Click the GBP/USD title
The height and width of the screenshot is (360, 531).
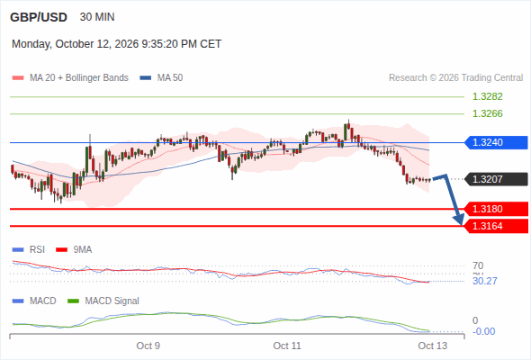click(39, 17)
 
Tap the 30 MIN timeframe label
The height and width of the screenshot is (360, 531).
click(97, 17)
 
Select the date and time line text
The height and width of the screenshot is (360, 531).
click(116, 44)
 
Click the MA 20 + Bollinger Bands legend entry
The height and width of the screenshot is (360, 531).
click(70, 78)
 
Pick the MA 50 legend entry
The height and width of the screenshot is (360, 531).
click(161, 78)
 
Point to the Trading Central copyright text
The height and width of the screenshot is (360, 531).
click(455, 78)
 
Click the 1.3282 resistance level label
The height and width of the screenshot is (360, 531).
click(487, 96)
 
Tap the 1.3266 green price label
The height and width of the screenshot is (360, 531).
click(487, 113)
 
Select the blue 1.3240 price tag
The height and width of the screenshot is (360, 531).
click(496, 142)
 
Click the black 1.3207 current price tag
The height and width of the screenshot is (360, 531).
click(496, 179)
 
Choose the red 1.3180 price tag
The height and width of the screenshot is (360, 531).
click(496, 209)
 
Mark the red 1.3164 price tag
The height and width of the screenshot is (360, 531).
click(496, 226)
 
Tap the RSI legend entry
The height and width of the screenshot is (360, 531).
click(29, 249)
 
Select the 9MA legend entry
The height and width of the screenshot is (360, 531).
click(74, 249)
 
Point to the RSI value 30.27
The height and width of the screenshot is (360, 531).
click(485, 281)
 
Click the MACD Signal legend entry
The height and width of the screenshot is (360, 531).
click(103, 301)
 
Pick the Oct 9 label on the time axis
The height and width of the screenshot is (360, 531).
click(148, 346)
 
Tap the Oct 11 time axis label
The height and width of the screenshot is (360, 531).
click(287, 346)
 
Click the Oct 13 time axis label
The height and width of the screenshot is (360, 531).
click(433, 346)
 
